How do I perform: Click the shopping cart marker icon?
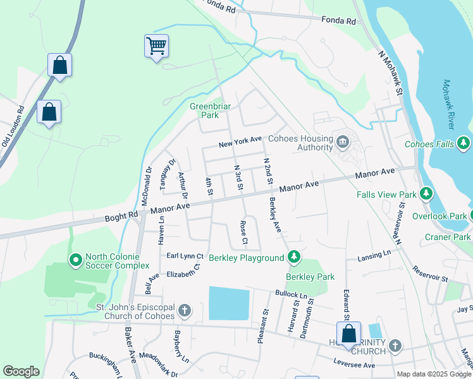click(x=156, y=46)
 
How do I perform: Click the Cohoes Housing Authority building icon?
click(x=343, y=141)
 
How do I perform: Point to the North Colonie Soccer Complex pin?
click(x=75, y=260)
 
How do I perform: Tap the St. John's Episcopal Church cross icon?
click(x=185, y=310)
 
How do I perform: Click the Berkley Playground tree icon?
click(x=293, y=257)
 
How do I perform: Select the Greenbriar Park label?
click(x=204, y=111)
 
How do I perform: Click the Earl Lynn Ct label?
click(x=185, y=256)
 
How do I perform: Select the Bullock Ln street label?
click(x=291, y=294)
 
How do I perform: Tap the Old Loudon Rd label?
click(x=13, y=127)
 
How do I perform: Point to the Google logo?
click(x=21, y=371)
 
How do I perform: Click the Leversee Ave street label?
click(x=354, y=364)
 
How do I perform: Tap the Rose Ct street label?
click(x=243, y=232)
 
